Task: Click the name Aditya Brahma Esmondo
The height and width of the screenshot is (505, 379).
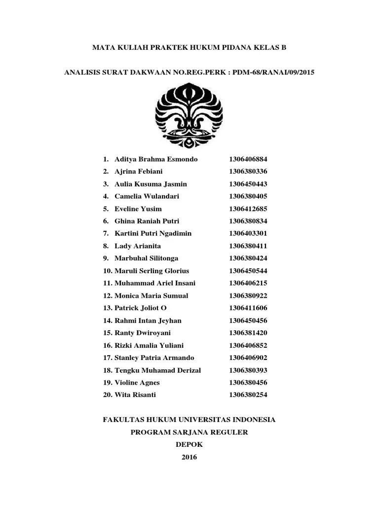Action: pos(156,159)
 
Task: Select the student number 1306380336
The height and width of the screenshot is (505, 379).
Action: pos(248,172)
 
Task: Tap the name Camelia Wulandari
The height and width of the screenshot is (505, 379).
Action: pos(147,196)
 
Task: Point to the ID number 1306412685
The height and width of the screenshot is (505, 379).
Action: pos(248,209)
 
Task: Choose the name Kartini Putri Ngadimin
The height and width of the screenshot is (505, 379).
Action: pos(153,233)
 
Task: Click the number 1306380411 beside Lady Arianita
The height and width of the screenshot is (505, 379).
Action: pos(248,246)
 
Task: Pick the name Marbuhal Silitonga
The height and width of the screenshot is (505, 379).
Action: pos(147,258)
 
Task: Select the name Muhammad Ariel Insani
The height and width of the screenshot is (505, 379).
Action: pos(155,283)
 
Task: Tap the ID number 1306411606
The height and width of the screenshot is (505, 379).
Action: pos(248,308)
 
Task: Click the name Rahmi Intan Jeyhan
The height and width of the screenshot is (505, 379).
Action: pos(148,321)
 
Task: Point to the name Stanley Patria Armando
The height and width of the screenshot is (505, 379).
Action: pos(154,358)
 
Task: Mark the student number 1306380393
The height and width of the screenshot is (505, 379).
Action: pos(248,370)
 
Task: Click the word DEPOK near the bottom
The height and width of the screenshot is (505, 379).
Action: pos(189,444)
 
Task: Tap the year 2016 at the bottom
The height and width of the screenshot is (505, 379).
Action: pos(189,457)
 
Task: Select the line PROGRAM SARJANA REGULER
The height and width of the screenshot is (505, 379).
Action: pos(189,432)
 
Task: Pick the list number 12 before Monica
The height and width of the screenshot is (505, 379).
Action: pos(108,296)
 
